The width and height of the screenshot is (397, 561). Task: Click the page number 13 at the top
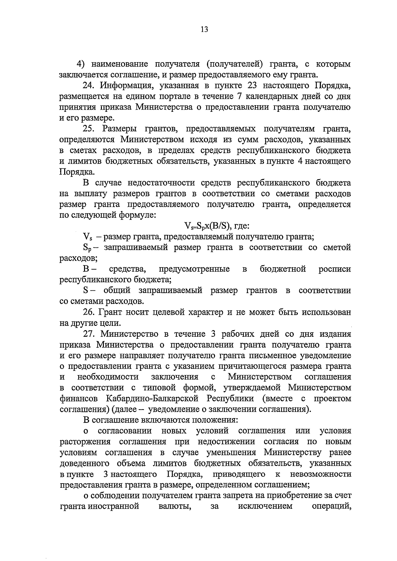click(x=204, y=29)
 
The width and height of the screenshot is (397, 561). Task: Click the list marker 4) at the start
click(x=81, y=64)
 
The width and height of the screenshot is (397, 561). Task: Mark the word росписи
click(x=334, y=269)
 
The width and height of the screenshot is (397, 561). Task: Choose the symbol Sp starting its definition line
click(x=87, y=248)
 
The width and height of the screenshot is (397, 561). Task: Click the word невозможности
click(x=320, y=474)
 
